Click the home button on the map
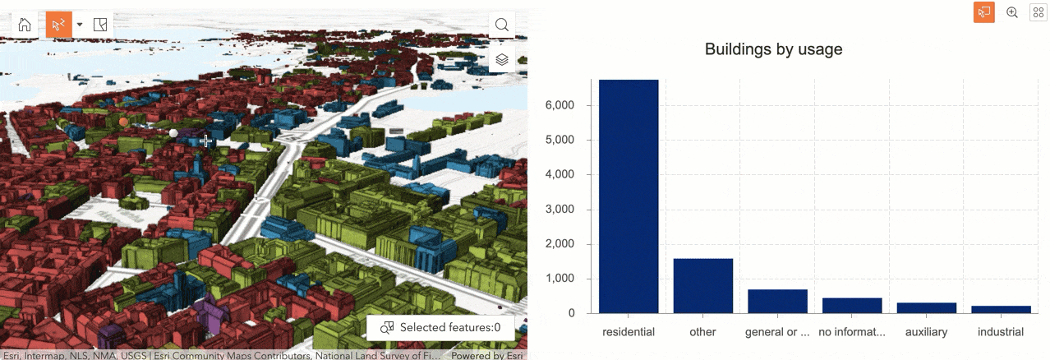25,25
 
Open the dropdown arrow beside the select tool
80,25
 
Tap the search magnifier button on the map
501,25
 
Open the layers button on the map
501,60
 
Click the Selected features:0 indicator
440,327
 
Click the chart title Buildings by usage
773,49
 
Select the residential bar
629,197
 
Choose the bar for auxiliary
926,308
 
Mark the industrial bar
1001,310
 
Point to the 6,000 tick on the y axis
567,105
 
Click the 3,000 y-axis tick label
567,210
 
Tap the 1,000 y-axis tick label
567,279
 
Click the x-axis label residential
629,332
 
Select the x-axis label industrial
1001,332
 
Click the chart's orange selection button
983,12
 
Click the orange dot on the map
123,122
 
